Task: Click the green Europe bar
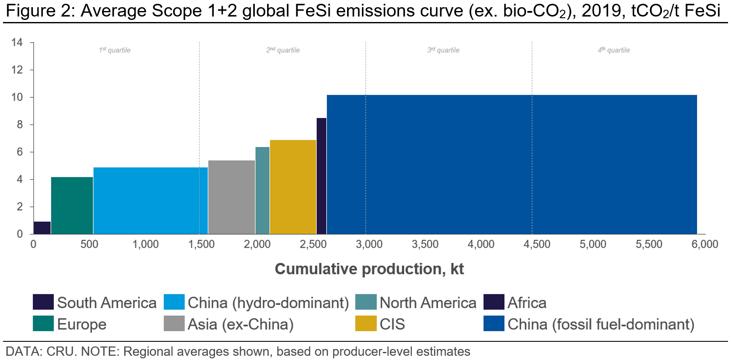(x=72, y=205)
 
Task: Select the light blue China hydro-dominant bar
(x=150, y=201)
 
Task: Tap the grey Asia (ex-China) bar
(x=231, y=197)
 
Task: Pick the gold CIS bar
(x=293, y=187)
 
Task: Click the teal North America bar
(x=262, y=191)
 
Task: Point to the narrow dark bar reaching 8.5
(x=321, y=176)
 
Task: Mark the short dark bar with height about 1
(x=42, y=228)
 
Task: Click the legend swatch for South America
(x=43, y=302)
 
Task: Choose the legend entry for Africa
(x=527, y=303)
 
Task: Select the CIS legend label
(x=392, y=324)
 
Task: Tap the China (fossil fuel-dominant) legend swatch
(x=494, y=324)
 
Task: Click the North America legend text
(x=428, y=303)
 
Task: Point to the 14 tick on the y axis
(x=17, y=42)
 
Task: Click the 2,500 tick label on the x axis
(x=313, y=244)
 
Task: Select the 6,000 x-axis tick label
(x=705, y=244)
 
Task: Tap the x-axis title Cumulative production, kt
(x=369, y=269)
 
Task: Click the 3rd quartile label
(x=443, y=50)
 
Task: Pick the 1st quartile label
(x=115, y=50)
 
